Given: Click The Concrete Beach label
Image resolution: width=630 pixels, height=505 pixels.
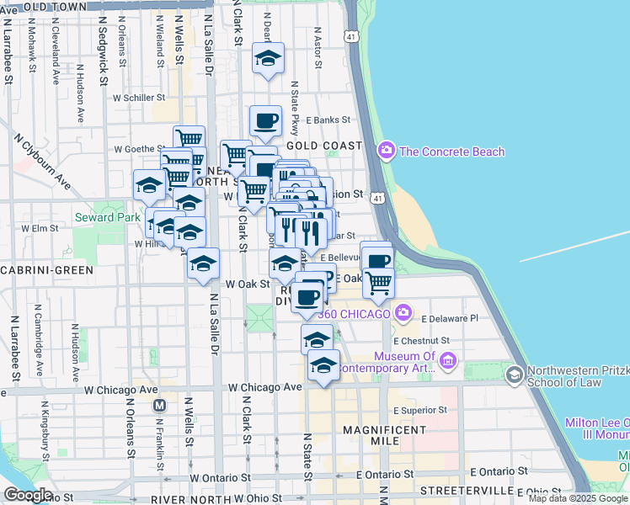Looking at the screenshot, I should coord(452,151).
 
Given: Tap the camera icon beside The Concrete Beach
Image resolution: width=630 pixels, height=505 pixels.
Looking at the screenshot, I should coord(387,151).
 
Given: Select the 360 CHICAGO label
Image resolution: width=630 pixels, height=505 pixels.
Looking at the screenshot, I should coord(354,314).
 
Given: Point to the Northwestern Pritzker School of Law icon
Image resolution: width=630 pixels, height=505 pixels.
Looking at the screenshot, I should coord(513,373).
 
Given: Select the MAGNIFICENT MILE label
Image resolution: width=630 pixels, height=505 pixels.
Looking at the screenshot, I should coord(385,430).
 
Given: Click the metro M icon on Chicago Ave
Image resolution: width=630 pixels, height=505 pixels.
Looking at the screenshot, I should coord(159,405).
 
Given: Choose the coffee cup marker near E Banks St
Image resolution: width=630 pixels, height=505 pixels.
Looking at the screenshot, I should coord(265,120).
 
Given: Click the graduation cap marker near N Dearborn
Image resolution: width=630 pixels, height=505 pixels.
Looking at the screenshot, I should coord(269,58).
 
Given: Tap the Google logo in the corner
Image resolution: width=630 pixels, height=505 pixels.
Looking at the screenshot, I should coord(27,495).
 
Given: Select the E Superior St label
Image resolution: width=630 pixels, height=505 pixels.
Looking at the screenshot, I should coord(421,410).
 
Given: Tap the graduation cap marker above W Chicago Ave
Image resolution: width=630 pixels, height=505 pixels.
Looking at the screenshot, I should coord(323,365).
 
